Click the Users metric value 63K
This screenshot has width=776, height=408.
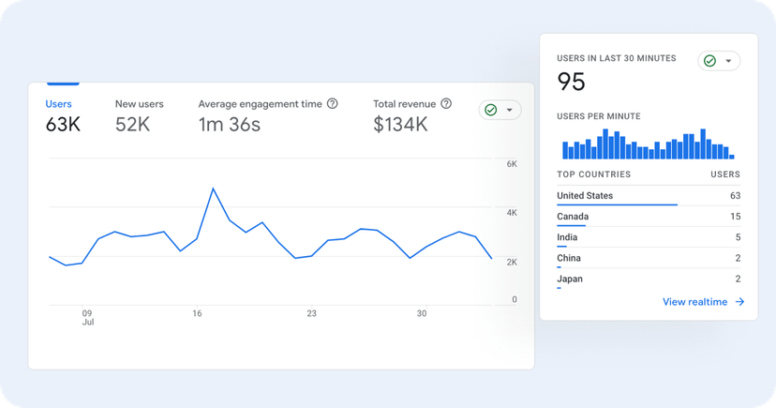pos(63,125)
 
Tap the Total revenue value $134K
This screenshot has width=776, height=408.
pos(401,125)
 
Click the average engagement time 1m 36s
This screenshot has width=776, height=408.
pos(230,125)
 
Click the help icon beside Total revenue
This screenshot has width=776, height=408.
pos(446,104)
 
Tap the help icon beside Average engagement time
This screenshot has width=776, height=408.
pos(332,104)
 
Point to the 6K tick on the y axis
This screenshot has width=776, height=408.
pos(512,164)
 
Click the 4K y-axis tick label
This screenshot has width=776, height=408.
pos(512,213)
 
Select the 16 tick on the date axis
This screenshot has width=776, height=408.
pos(197,313)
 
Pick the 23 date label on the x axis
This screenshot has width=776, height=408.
pos(311,313)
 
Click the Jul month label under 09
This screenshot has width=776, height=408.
pos(87,323)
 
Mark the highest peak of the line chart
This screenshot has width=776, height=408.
pos(214,189)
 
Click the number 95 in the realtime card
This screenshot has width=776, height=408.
pos(571,82)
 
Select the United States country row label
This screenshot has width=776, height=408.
pos(585,195)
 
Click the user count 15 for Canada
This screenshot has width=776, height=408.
pos(735,217)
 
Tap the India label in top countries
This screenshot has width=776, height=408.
pos(567,237)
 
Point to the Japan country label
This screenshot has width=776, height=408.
pos(569,279)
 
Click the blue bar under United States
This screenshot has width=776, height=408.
pos(616,204)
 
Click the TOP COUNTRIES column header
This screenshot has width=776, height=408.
pos(593,174)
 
